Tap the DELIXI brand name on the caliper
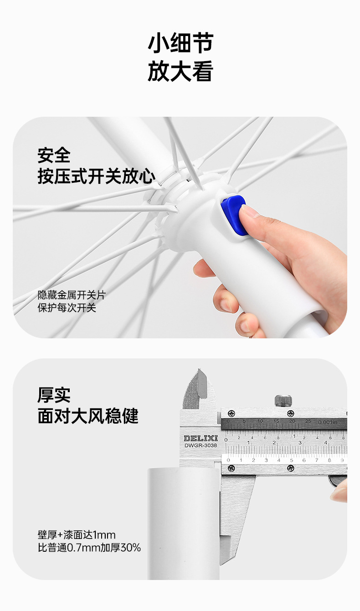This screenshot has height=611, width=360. (201, 438)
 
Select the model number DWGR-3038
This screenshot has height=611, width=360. (201, 445)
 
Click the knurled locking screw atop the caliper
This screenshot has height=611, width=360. (283, 400)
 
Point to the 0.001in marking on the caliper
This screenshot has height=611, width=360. (328, 422)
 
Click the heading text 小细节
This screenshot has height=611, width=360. (180, 43)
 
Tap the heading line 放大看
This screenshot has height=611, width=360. (180, 71)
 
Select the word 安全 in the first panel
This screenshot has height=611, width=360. (54, 155)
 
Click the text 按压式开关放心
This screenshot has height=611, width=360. (97, 176)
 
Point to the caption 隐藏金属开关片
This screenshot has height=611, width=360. (72, 295)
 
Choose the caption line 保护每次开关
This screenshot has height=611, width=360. (67, 308)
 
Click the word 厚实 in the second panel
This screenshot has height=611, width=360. (54, 395)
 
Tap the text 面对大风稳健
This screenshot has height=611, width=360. (88, 416)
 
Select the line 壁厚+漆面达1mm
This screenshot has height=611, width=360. (77, 535)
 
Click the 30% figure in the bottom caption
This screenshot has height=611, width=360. (130, 548)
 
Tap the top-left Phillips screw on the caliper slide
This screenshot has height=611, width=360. (231, 413)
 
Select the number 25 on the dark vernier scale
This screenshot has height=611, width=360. (308, 421)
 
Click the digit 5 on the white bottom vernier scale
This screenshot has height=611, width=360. (291, 460)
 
